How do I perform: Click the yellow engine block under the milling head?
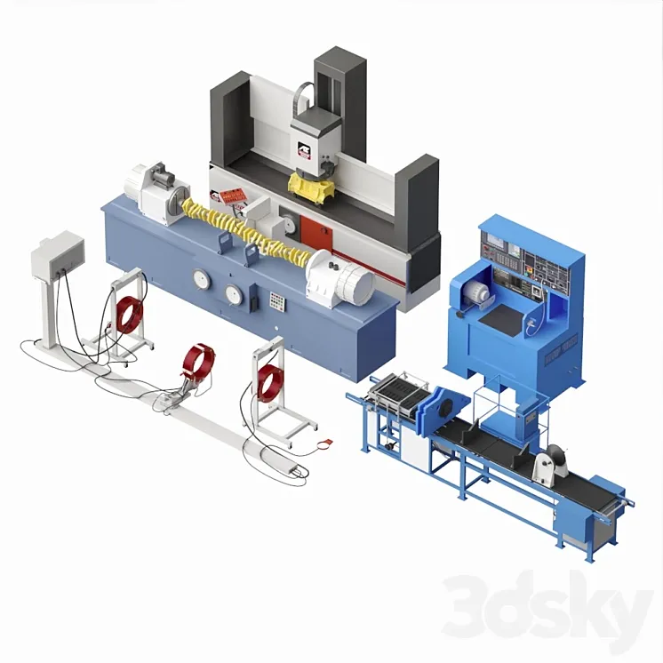(x=312, y=188)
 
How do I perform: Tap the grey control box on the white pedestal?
(x=57, y=252)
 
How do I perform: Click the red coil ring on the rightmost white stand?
(x=267, y=380)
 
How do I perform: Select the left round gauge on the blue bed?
(x=202, y=279)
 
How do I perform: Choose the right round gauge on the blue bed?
(x=234, y=294)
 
